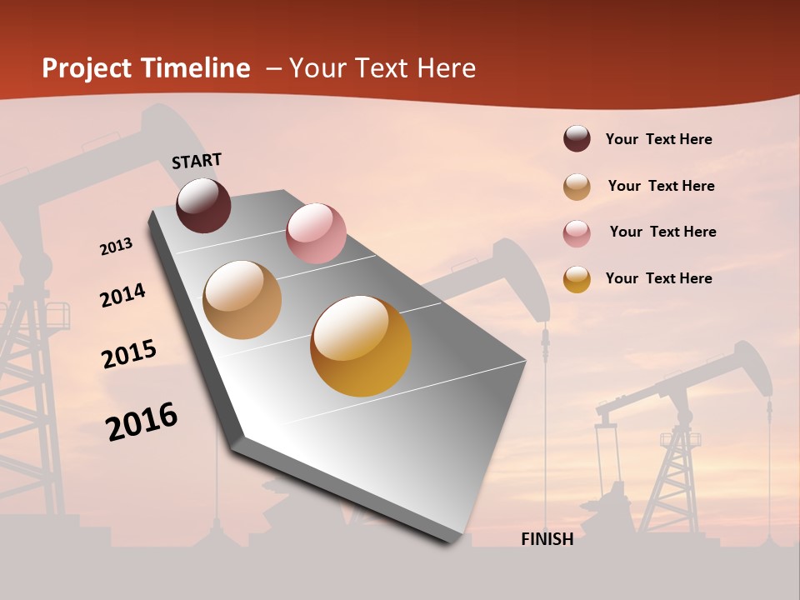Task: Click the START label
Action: pos(197,161)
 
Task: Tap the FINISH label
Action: pos(547,539)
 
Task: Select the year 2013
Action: pos(116,247)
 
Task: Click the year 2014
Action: pos(122,296)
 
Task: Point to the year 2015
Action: pos(129,353)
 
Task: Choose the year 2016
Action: pos(142,422)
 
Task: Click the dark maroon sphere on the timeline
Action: pos(203,205)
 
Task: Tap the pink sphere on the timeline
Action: pos(316,233)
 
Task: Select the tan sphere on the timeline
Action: pos(242,300)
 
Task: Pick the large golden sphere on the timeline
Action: pos(361,346)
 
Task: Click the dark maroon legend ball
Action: pos(577,139)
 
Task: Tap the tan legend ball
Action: pos(577,187)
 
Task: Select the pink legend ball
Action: pos(577,233)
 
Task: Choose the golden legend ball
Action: pos(577,279)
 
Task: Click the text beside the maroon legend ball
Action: pos(658,139)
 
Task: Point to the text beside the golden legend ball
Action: pos(658,278)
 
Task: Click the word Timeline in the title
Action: pos(197,68)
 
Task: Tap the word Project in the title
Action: pos(87,68)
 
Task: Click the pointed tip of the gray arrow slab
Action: pos(450,540)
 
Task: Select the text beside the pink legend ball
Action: pos(662,232)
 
